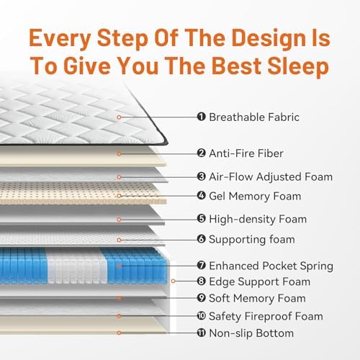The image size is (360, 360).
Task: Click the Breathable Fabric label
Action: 254,117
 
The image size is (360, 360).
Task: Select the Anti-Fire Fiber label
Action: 246,153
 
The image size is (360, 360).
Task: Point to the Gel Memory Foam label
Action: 255,196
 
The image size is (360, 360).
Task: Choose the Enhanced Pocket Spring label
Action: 271,266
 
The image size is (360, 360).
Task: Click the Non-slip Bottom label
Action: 251,333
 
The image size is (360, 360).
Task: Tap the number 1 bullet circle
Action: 201,117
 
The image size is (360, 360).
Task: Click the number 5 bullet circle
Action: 201,219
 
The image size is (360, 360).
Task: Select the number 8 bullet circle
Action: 201,281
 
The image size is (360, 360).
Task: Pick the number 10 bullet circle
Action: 201,315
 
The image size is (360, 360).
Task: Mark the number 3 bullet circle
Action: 201,176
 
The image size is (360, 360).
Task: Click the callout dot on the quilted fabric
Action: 119,117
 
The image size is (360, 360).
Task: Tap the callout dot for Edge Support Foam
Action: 173,281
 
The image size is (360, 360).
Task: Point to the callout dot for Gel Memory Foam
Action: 119,196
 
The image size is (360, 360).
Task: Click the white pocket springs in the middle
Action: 77,266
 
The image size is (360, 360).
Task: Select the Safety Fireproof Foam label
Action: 266,316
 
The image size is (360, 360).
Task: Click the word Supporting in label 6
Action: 237,240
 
